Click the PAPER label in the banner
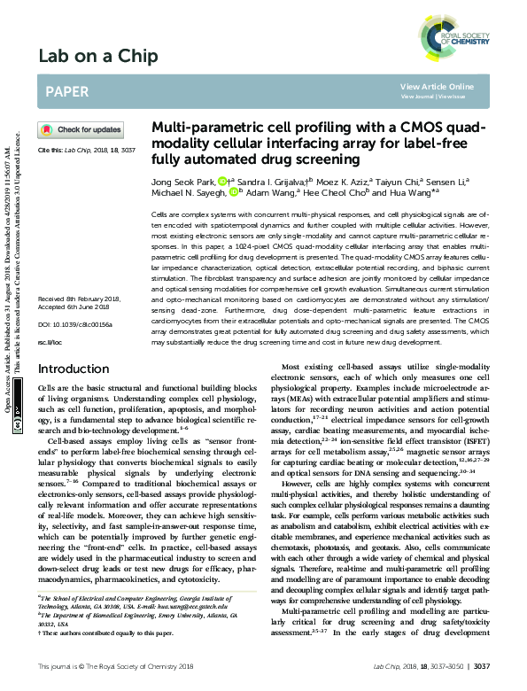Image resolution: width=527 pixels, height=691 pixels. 66,91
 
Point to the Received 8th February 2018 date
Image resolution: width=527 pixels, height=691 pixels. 79,226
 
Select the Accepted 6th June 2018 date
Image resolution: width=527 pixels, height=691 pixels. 74,235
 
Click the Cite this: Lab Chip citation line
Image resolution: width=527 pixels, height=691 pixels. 85,151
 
